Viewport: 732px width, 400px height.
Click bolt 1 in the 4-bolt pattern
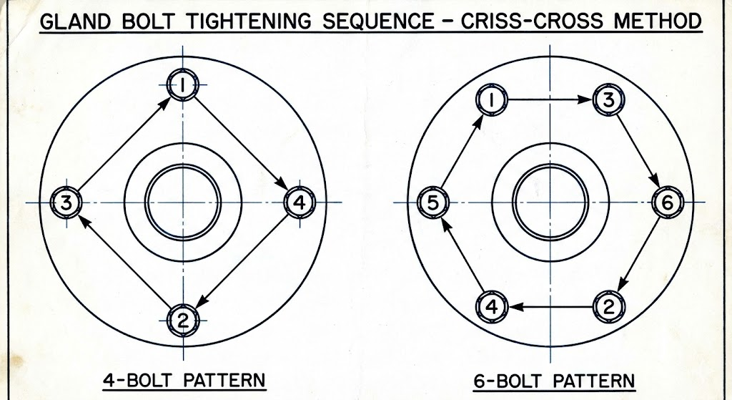[183, 86]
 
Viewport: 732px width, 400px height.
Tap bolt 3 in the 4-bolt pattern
[66, 203]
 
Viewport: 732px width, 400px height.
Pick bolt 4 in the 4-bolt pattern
[299, 203]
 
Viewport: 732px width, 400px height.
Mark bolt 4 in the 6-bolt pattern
[493, 307]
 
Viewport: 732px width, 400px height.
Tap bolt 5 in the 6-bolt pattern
[432, 203]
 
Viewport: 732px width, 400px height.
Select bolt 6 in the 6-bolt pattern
[667, 203]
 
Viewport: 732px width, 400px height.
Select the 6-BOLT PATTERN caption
[553, 379]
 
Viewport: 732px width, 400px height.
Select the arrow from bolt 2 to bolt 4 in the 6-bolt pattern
[550, 307]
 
